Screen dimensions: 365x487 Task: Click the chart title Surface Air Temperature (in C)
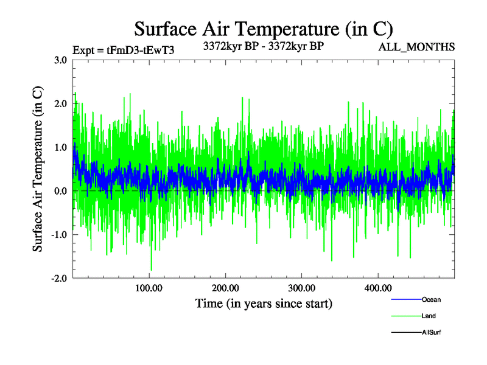pyautogui.click(x=263, y=29)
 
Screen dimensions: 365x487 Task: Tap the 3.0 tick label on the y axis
pyautogui.click(x=60, y=60)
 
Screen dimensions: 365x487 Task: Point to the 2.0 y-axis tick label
pyautogui.click(x=60, y=103)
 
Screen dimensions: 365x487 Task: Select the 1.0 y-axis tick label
pyautogui.click(x=60, y=147)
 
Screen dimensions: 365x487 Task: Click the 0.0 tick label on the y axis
pyautogui.click(x=60, y=191)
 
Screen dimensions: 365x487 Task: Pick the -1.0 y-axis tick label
pyautogui.click(x=58, y=235)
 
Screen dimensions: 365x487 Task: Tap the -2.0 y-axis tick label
pyautogui.click(x=58, y=279)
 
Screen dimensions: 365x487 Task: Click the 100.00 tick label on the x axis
pyautogui.click(x=149, y=288)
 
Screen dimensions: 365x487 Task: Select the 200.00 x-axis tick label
pyautogui.click(x=225, y=288)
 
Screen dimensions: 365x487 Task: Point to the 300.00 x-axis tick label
pyautogui.click(x=301, y=288)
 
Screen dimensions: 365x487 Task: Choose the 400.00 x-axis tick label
pyautogui.click(x=377, y=288)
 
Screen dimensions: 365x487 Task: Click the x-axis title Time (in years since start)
pyautogui.click(x=263, y=303)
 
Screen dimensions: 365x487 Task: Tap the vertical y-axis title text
pyautogui.click(x=38, y=169)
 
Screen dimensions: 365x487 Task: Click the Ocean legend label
pyautogui.click(x=431, y=299)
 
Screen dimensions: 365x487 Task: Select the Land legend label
pyautogui.click(x=429, y=316)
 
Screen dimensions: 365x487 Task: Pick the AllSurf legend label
pyautogui.click(x=432, y=332)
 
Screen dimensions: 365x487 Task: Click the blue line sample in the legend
pyautogui.click(x=405, y=299)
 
